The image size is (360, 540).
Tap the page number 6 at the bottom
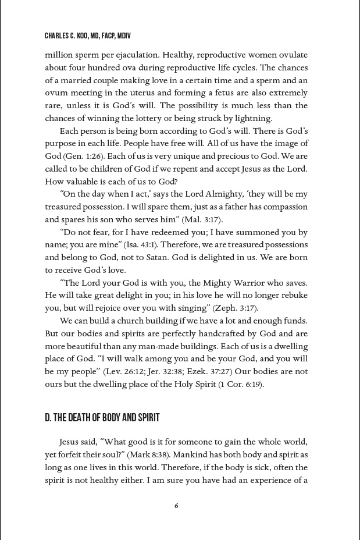pyautogui.click(x=176, y=506)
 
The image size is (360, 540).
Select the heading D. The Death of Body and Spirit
pyautogui.click(x=102, y=418)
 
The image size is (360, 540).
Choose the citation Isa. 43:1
pyautogui.click(x=144, y=245)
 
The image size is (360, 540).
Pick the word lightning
pyautogui.click(x=252, y=118)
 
